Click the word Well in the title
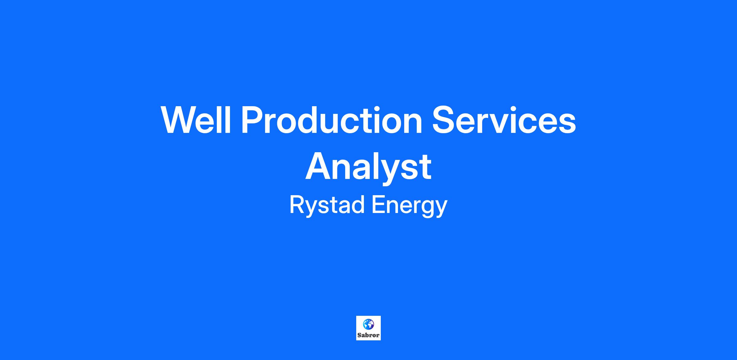(196, 120)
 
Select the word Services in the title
(504, 120)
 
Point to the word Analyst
(368, 167)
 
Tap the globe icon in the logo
(368, 324)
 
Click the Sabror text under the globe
(368, 335)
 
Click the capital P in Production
(253, 120)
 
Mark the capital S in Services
(444, 120)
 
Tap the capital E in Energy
(378, 205)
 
